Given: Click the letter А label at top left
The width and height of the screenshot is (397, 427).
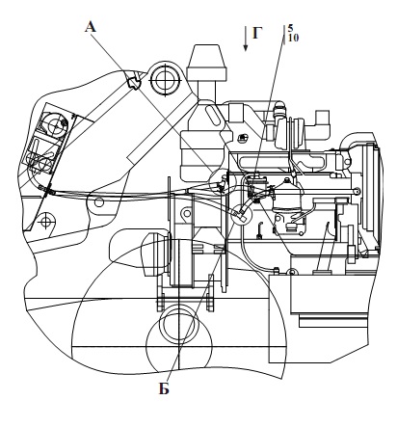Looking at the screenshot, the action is tap(91, 27).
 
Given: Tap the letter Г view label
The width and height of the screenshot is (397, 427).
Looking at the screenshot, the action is tap(257, 33).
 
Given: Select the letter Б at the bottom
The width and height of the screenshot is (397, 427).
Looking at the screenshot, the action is tap(164, 388).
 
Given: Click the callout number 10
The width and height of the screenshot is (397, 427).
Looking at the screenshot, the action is tap(293, 38).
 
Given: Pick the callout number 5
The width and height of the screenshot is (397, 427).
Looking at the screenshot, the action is tap(290, 29).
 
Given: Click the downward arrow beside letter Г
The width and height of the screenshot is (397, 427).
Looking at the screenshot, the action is tap(246, 39).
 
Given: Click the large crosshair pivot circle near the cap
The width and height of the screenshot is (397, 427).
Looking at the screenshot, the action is tap(165, 79).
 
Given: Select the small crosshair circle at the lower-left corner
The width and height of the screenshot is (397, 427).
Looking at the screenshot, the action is tap(47, 222).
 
